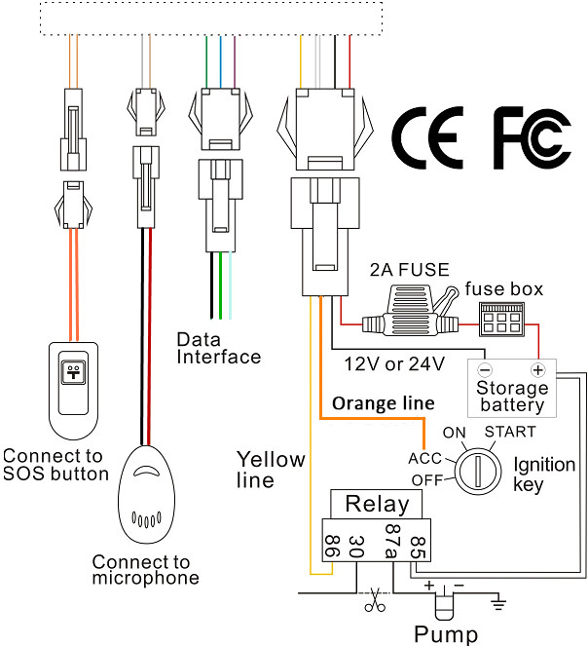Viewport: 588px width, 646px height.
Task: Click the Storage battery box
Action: coord(511,388)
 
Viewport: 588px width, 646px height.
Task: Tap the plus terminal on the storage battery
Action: coord(535,371)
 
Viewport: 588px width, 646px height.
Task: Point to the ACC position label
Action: coord(425,457)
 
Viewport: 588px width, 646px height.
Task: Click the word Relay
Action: coord(377,505)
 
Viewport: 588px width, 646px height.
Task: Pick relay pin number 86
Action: coord(330,547)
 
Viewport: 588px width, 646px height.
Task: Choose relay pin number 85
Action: coord(419,546)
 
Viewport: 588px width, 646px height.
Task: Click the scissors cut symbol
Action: coord(371,601)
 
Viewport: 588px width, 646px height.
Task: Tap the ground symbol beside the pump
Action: coord(498,603)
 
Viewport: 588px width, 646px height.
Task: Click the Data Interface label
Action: coord(218,348)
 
